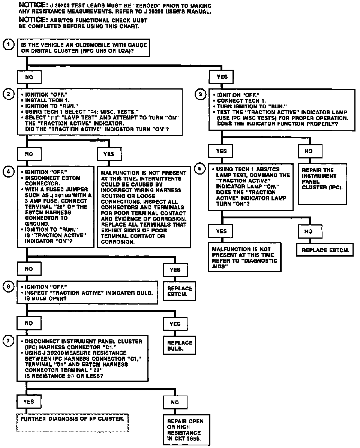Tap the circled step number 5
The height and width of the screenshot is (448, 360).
(x=200, y=169)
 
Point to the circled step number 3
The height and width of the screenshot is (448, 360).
(x=200, y=95)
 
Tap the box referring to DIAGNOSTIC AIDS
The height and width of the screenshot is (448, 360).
(x=244, y=257)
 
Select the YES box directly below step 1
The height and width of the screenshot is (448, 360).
(x=222, y=77)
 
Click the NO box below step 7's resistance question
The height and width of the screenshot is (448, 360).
(x=175, y=402)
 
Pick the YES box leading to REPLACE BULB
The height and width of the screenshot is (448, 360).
(x=175, y=324)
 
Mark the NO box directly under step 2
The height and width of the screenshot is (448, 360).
(x=29, y=154)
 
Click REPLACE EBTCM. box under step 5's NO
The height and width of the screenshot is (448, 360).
(x=325, y=250)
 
